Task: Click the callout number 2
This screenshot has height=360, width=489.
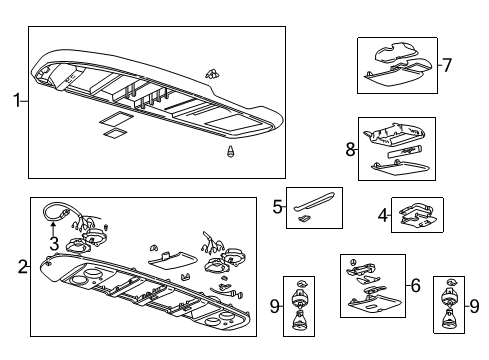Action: point(21,267)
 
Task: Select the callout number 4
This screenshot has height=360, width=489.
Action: point(382,214)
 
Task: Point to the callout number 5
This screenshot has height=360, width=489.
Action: point(277,207)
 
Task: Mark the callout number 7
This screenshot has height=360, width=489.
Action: point(447,66)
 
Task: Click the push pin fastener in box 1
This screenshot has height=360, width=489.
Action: point(232,153)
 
